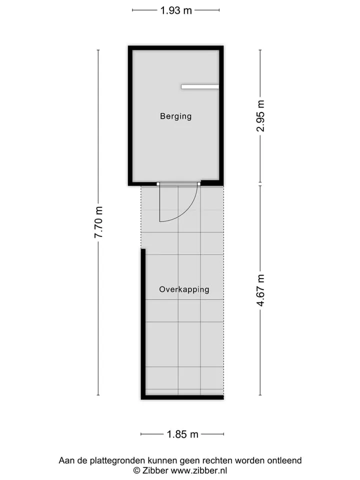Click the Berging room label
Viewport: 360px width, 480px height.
point(175,116)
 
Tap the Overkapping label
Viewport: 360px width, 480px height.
point(184,289)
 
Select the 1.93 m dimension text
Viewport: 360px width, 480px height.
point(176,10)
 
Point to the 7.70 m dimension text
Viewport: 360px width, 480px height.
point(98,222)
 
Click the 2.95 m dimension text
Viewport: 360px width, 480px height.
point(260,115)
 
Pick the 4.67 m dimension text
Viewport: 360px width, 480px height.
point(260,290)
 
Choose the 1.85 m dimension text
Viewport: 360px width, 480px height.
point(182,434)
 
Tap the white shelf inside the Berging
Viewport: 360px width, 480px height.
point(200,87)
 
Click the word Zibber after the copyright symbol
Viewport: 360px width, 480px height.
point(155,470)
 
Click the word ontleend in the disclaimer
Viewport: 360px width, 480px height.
point(284,460)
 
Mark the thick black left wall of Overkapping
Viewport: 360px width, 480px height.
point(143,324)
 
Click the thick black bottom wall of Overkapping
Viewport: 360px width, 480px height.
point(182,397)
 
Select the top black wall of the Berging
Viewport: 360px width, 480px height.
point(175,48)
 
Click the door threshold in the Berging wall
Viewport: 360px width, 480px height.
point(178,184)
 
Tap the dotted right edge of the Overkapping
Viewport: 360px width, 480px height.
point(224,290)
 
